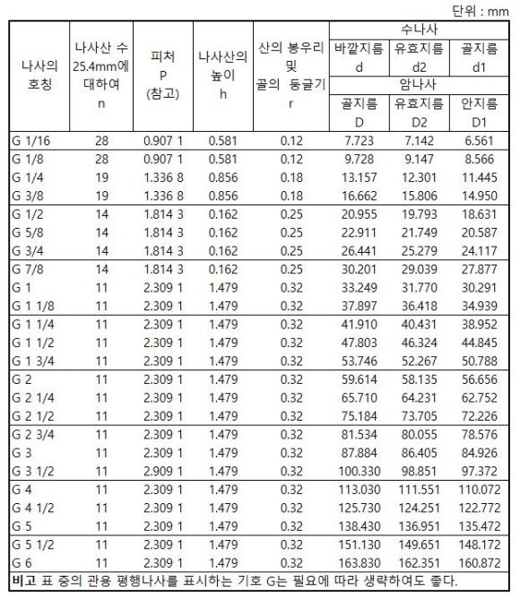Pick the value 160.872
click(478, 563)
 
